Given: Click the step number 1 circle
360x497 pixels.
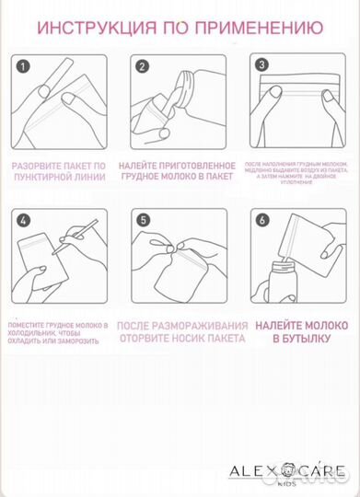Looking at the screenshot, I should [x=24, y=66].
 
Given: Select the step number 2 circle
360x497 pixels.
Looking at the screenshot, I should [x=143, y=66].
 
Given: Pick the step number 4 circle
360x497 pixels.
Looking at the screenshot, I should [x=24, y=222].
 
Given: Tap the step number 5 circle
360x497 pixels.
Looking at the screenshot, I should [x=143, y=222].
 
